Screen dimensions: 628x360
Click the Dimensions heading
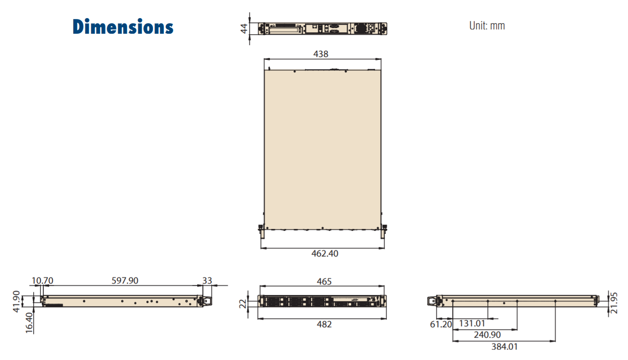click(123, 27)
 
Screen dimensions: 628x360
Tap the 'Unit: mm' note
click(487, 26)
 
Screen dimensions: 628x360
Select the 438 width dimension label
click(321, 54)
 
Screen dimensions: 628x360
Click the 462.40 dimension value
click(324, 254)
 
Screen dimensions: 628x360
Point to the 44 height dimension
click(244, 28)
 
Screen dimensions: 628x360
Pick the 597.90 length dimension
click(125, 280)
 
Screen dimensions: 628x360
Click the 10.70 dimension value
click(42, 280)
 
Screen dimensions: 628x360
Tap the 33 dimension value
click(207, 280)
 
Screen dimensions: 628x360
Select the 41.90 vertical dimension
click(17, 302)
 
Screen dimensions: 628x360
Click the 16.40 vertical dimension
click(29, 323)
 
